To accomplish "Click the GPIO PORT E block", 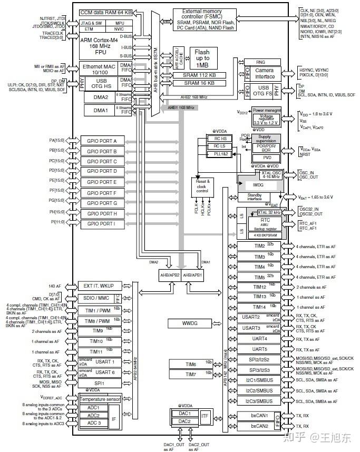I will tap(102, 182).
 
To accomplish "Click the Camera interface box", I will tap(265, 73).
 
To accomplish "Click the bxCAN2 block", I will tap(259, 426).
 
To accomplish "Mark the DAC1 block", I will tap(184, 414).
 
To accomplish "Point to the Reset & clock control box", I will tap(202, 186).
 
